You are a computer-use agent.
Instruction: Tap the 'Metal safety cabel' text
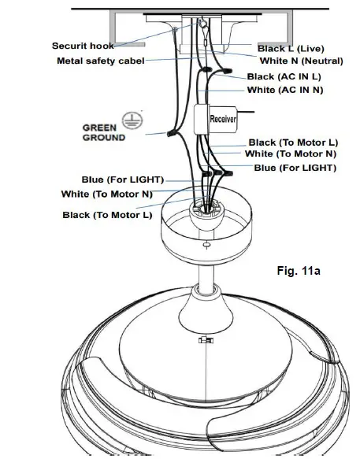pos(100,61)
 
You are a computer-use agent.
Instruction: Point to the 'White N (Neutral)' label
pos(302,61)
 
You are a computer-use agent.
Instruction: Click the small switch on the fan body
pos(206,340)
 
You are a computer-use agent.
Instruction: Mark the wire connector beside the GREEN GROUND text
pos(170,134)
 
